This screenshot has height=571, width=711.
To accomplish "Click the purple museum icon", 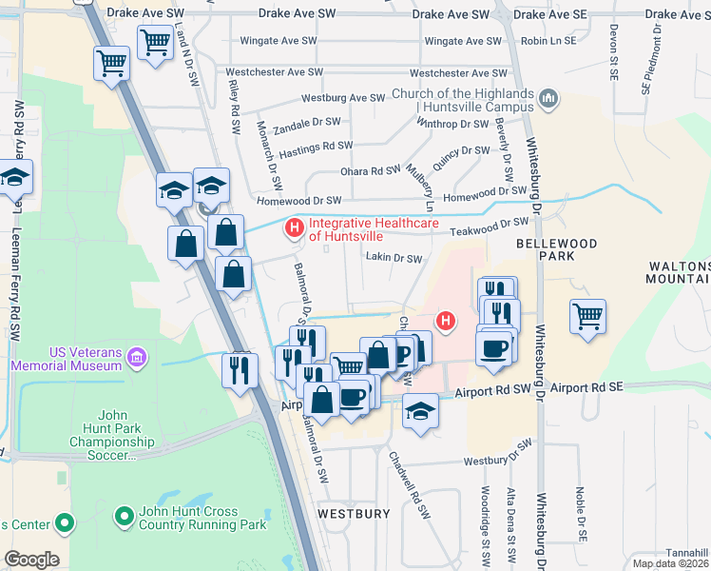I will click(138, 358).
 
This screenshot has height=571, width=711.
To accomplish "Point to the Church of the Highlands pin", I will click(548, 99).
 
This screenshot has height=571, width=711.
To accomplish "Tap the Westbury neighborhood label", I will click(354, 513).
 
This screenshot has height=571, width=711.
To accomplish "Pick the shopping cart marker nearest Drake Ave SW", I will click(155, 42).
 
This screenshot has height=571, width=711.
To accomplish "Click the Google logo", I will click(31, 560).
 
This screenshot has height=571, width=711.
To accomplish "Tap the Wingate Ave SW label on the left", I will click(279, 41).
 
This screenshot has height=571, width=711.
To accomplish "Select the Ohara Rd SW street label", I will click(372, 171).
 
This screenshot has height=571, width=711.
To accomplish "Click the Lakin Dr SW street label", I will click(394, 258).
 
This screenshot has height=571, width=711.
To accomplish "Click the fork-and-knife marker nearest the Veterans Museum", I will click(240, 368).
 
